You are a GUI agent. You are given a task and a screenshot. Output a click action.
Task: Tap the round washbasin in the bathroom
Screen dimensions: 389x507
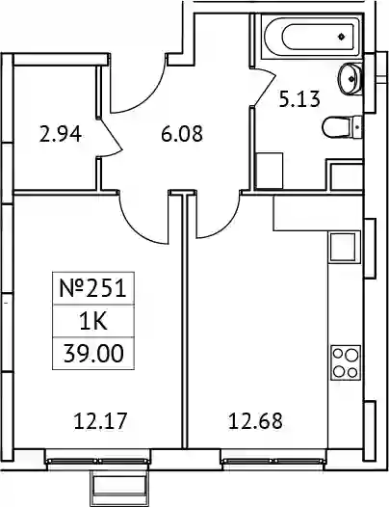pyautogui.click(x=350, y=78)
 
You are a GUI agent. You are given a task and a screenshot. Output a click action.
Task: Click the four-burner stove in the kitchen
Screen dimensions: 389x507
pyautogui.click(x=346, y=363)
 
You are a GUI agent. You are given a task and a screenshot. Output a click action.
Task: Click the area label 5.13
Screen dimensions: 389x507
pyautogui.click(x=299, y=99)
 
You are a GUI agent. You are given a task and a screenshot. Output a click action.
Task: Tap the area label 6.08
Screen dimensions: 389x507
pyautogui.click(x=182, y=134)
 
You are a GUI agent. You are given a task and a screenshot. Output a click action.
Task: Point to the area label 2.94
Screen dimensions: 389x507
pyautogui.click(x=60, y=134)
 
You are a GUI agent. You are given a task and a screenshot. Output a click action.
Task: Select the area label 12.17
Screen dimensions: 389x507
pyautogui.click(x=99, y=421)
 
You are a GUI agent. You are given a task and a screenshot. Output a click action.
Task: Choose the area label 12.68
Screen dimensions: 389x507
pyautogui.click(x=255, y=421)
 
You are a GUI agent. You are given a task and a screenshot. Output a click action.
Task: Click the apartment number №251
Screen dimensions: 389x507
pyautogui.click(x=93, y=288)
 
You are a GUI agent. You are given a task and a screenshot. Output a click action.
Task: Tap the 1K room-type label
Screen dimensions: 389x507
pyautogui.click(x=93, y=322)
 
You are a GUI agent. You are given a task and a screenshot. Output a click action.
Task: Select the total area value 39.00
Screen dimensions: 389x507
pyautogui.click(x=93, y=354)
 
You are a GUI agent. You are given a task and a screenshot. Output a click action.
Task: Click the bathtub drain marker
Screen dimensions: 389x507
pyautogui.click(x=342, y=37)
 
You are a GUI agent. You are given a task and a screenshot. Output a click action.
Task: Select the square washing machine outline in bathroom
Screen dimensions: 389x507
pyautogui.click(x=270, y=171)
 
